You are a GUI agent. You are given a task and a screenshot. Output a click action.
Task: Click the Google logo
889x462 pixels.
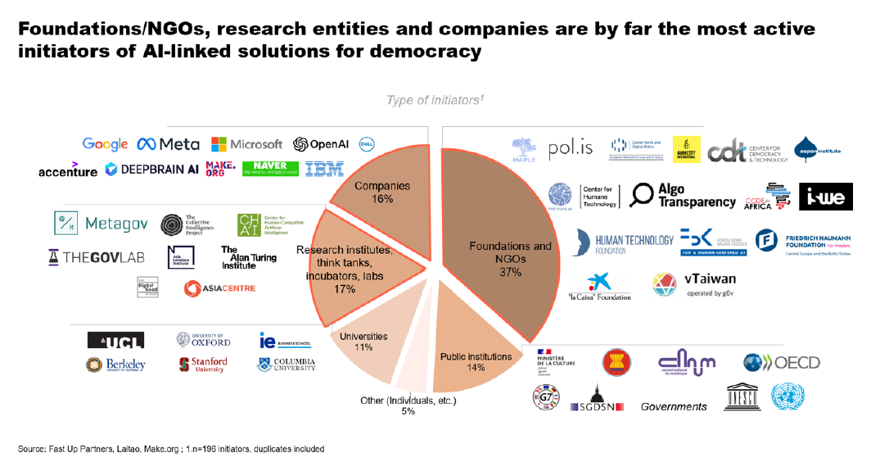105,144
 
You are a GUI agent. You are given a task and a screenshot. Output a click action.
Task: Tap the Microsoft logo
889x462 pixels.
246,144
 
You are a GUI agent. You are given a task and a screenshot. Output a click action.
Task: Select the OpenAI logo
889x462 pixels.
321,144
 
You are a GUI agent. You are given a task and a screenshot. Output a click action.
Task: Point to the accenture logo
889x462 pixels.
67,170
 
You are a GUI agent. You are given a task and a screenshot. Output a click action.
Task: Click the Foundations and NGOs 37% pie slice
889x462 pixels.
499,246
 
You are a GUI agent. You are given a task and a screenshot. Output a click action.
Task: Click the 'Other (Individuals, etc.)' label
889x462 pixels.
408,401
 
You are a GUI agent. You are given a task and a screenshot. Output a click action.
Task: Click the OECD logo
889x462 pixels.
781,362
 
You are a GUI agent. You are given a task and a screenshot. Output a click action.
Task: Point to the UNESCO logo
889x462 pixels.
741,397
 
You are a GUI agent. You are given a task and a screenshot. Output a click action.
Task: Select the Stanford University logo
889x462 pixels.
203,365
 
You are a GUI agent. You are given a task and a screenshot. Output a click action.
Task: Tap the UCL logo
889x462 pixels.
115,340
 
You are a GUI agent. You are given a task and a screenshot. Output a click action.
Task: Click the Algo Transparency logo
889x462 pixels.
684,195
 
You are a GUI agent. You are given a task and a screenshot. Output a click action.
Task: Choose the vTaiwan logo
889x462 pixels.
693,284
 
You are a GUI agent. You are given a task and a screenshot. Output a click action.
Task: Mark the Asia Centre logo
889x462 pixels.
219,288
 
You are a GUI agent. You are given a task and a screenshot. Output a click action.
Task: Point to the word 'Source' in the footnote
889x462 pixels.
33,449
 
